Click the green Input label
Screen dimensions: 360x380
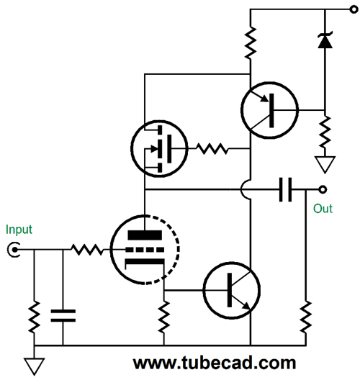point(19,230)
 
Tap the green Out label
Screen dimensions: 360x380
point(323,209)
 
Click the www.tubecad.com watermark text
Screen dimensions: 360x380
point(215,363)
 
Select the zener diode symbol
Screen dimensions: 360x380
point(325,40)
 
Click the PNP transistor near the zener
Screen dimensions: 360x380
point(269,111)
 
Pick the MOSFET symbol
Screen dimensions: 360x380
point(159,148)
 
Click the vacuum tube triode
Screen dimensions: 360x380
point(145,249)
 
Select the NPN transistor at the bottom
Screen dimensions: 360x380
point(232,290)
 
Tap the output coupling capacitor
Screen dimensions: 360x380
point(285,189)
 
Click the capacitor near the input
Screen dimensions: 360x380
point(63,315)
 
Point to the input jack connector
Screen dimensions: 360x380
point(14,249)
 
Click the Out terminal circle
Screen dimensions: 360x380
point(322,189)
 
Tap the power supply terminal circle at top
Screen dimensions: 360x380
point(354,9)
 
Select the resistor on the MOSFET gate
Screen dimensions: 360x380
point(212,148)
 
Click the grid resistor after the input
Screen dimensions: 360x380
point(87,249)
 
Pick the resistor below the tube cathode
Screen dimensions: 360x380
point(164,317)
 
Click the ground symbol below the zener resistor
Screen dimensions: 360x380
point(325,165)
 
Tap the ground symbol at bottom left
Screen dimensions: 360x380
point(34,366)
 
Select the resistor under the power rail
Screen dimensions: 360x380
point(251,42)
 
